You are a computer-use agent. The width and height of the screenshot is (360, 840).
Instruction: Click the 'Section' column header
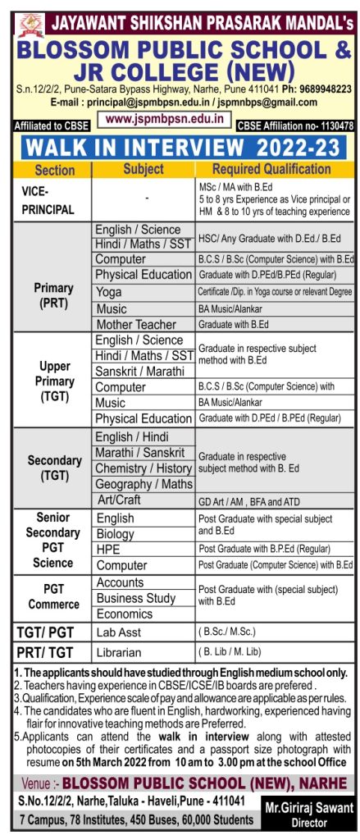55,171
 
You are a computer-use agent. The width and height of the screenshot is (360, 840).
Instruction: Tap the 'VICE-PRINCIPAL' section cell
48,199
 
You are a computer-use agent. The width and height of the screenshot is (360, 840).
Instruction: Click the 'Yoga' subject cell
108,292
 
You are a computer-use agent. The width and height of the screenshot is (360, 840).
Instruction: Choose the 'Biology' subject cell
116,534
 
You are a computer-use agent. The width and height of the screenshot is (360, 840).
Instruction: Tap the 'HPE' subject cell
109,550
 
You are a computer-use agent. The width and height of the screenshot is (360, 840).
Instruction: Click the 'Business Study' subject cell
136,598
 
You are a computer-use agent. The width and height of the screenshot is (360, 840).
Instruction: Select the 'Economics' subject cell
125,614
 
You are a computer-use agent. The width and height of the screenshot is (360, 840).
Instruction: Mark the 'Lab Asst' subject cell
120,632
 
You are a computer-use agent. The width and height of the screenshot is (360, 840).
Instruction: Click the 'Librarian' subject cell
120,653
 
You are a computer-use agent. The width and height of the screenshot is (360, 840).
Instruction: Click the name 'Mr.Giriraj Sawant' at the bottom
308,809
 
